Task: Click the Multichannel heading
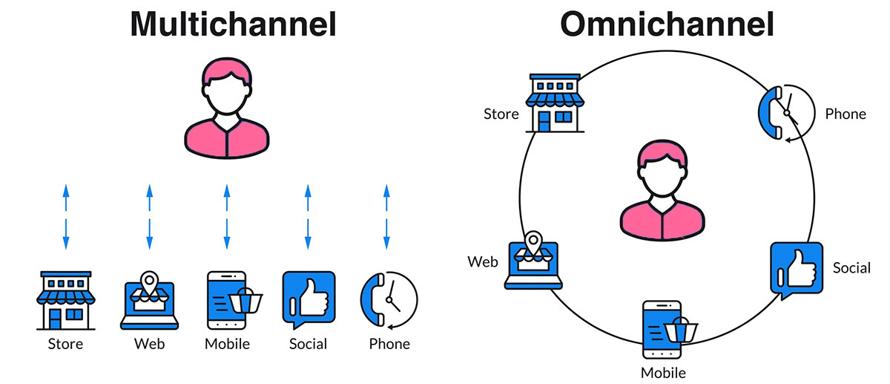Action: (x=234, y=24)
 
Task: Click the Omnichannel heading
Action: (x=667, y=24)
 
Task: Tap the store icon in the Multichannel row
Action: (x=66, y=300)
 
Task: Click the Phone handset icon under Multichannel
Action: (x=388, y=300)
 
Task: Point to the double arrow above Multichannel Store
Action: (x=66, y=216)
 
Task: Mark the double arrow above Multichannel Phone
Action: (x=386, y=216)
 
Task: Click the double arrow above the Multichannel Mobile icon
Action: (x=227, y=216)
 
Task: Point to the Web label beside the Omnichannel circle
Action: (x=482, y=261)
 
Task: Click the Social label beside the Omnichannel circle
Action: (x=851, y=267)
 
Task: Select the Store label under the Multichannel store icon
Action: (x=65, y=344)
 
